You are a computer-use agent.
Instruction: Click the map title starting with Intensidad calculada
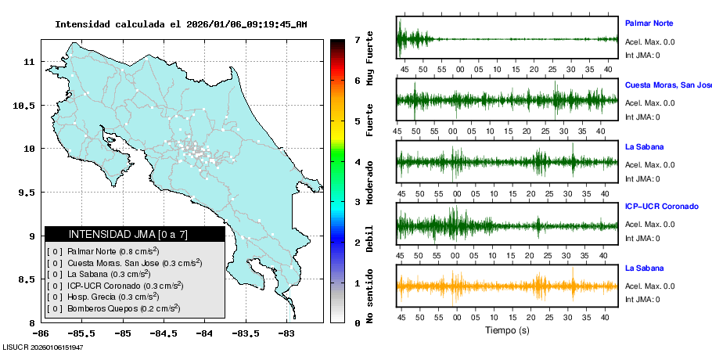[x=180, y=24]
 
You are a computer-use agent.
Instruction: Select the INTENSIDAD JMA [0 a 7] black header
[x=135, y=234]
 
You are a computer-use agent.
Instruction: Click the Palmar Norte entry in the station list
[x=102, y=251]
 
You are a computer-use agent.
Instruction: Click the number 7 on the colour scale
[x=356, y=39]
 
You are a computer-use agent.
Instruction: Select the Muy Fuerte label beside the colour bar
[x=369, y=58]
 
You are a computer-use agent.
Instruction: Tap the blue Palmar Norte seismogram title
[x=649, y=23]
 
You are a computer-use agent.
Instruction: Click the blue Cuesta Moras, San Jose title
[x=667, y=85]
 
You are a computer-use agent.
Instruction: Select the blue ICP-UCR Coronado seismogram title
[x=661, y=207]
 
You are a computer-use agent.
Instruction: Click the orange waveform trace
[x=507, y=286]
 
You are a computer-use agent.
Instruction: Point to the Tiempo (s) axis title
[x=506, y=331]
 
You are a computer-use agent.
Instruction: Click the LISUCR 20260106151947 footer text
[x=43, y=347]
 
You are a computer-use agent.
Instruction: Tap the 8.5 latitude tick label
[x=26, y=279]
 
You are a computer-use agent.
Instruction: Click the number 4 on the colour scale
[x=356, y=162]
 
